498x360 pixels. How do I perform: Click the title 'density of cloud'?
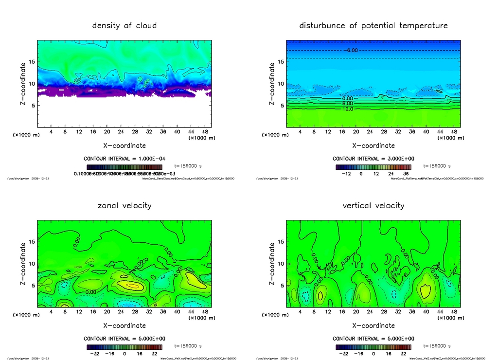(124, 25)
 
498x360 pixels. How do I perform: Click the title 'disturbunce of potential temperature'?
(373, 25)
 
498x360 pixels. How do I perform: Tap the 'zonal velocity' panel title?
(124, 205)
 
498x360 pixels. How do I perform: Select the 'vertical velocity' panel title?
(373, 205)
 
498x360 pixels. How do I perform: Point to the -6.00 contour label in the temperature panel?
(352, 50)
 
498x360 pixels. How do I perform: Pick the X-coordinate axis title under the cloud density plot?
(124, 145)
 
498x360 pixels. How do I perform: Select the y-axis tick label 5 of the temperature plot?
(281, 106)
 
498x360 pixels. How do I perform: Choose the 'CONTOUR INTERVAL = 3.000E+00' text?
(373, 159)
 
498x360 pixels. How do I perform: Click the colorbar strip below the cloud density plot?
(124, 166)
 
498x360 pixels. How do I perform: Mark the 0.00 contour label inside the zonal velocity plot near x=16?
(89, 292)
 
